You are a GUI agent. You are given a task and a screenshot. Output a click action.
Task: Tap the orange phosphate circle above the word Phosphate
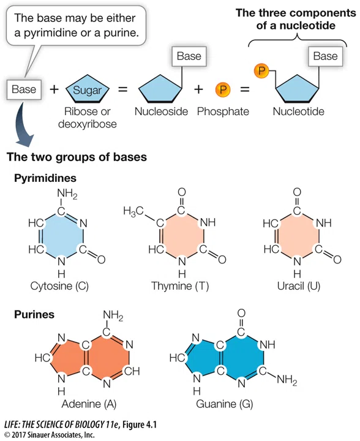[223, 89]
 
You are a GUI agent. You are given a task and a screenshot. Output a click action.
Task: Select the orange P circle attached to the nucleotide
[261, 70]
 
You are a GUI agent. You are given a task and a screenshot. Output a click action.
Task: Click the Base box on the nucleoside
[189, 56]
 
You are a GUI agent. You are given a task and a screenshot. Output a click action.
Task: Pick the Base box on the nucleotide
[326, 56]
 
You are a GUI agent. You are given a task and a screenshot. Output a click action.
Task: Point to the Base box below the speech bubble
[24, 89]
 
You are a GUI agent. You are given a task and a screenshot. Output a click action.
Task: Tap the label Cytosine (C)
[59, 286]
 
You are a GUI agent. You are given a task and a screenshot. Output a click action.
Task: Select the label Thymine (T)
[180, 286]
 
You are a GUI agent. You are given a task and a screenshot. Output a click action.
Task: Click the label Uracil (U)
[299, 286]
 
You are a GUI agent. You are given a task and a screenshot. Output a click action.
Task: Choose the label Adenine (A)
[89, 404]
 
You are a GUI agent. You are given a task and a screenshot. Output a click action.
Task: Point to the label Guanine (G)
[224, 404]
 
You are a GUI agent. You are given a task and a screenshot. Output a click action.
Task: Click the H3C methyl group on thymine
[133, 211]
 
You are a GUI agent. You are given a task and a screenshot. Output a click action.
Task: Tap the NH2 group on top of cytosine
[67, 194]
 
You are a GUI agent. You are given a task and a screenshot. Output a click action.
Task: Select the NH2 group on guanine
[287, 380]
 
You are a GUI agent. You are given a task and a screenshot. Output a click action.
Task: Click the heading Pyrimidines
[45, 178]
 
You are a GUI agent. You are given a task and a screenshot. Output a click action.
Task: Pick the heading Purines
[34, 314]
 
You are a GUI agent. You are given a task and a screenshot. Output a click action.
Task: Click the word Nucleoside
[161, 111]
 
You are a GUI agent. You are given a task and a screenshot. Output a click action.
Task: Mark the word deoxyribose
[88, 124]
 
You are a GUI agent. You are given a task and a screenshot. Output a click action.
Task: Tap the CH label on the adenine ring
[132, 371]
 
